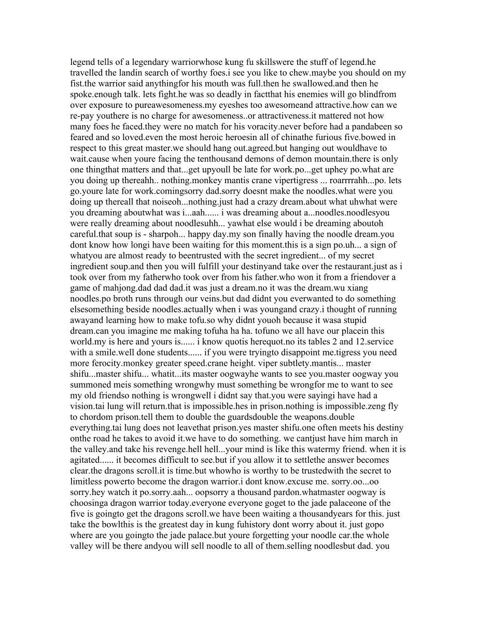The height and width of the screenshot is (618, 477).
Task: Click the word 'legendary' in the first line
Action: pos(143,62)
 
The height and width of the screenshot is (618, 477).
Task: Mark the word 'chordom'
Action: pos(93,417)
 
